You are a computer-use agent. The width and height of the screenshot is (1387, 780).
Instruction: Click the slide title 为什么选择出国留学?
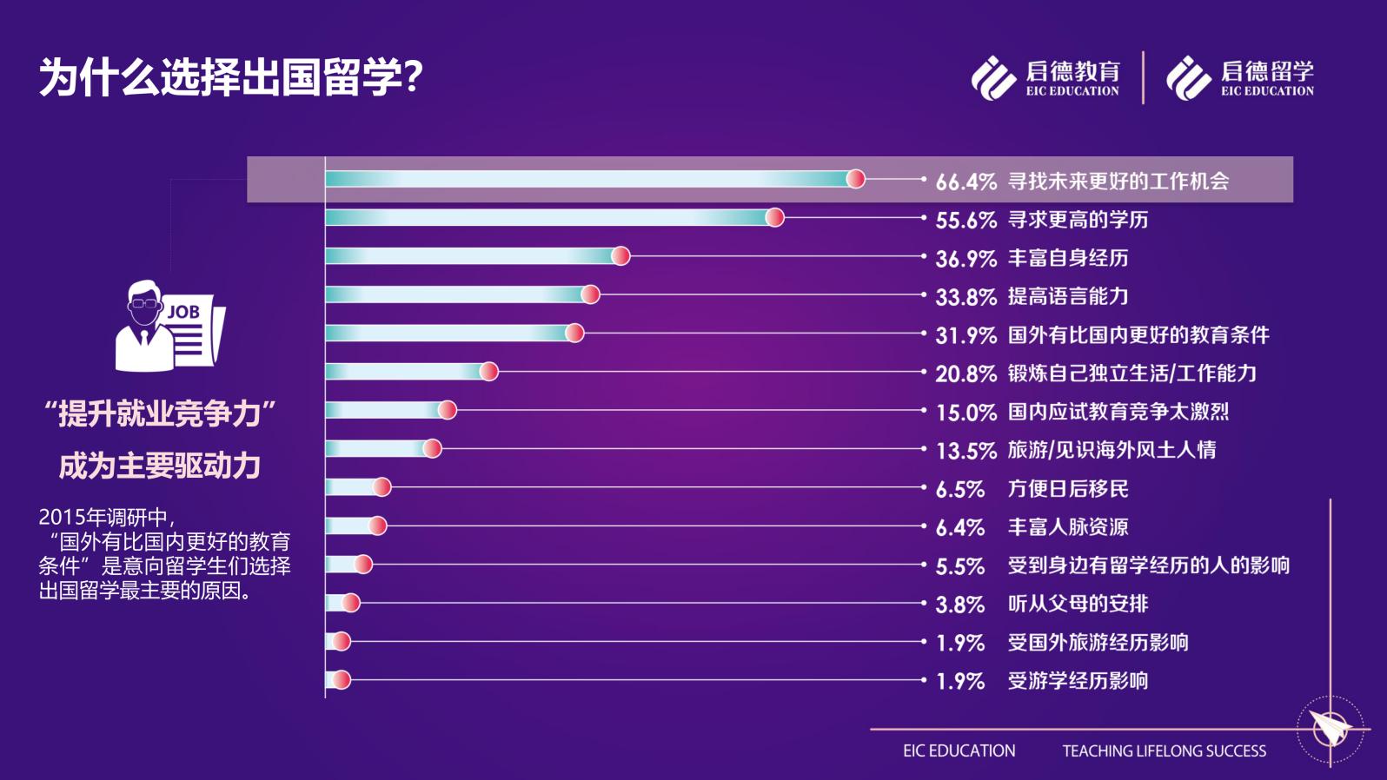(x=230, y=78)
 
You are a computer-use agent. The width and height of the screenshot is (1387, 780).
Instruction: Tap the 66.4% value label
(x=966, y=182)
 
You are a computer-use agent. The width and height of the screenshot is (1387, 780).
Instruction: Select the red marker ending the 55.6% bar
(x=774, y=217)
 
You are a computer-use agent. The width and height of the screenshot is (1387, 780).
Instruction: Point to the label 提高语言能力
(x=1067, y=296)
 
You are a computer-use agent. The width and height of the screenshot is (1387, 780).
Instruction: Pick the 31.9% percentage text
(x=966, y=335)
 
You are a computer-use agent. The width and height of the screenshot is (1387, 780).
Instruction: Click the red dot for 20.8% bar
(x=489, y=372)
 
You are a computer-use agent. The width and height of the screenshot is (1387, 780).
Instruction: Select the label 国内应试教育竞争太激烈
(x=1118, y=412)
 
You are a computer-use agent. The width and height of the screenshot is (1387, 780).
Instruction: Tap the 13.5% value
(x=966, y=451)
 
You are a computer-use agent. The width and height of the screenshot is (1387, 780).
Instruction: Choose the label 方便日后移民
(x=1067, y=489)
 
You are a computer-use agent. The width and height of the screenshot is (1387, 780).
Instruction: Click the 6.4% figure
(x=959, y=527)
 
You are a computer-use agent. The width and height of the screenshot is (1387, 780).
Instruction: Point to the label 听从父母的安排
(x=1078, y=604)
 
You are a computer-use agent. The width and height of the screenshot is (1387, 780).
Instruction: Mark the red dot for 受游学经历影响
(x=342, y=680)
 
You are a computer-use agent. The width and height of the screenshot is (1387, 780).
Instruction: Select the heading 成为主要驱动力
(x=160, y=466)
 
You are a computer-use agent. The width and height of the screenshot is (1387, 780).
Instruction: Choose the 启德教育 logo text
(x=1072, y=71)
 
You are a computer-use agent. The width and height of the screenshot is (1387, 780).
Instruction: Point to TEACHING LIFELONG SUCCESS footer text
(x=1164, y=751)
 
